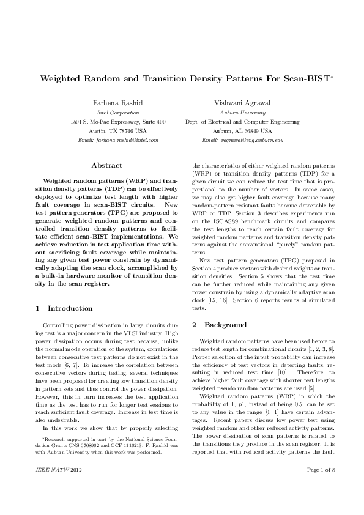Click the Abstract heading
(x=106, y=165)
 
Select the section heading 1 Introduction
(x=64, y=308)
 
